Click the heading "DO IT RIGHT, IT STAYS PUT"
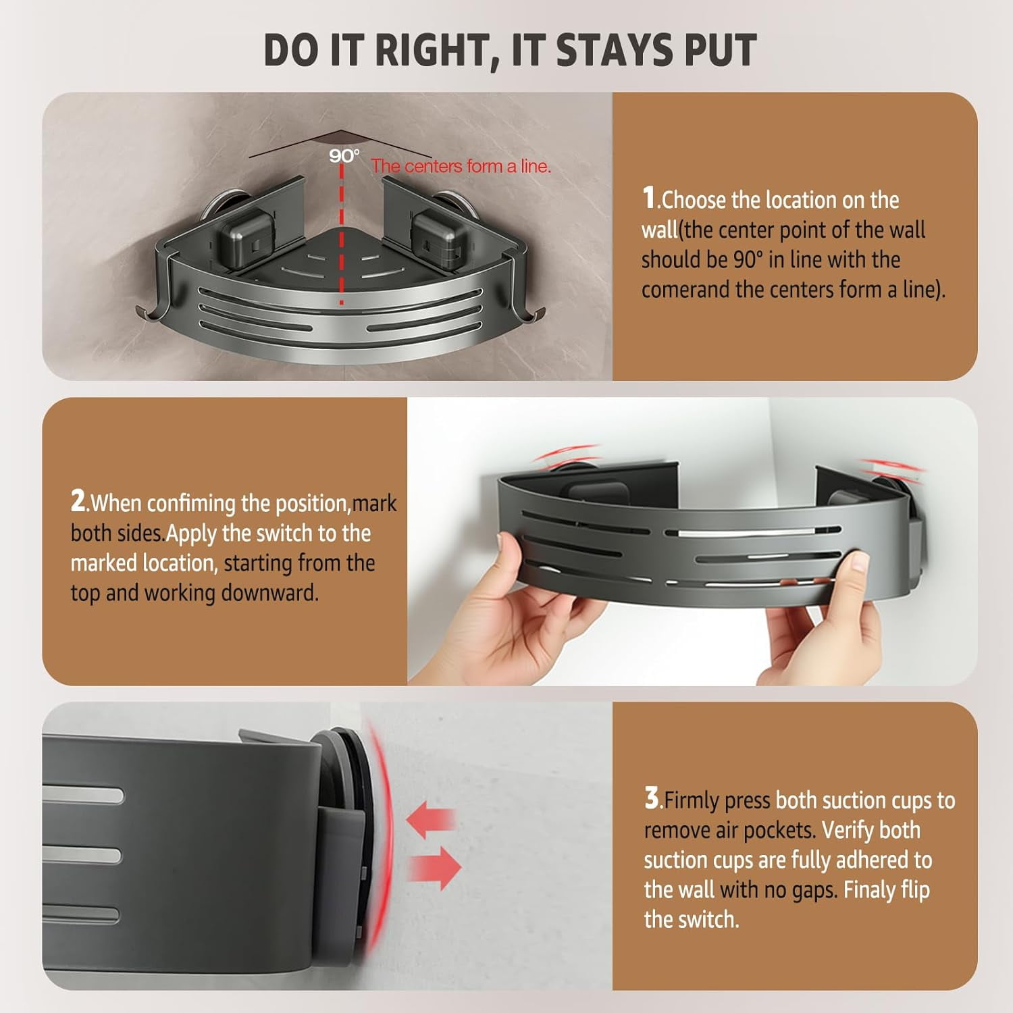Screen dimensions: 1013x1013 [510, 49]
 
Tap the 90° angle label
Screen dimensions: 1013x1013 [344, 156]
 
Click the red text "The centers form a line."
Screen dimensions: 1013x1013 [461, 166]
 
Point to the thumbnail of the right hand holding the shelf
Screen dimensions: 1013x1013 [860, 562]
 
